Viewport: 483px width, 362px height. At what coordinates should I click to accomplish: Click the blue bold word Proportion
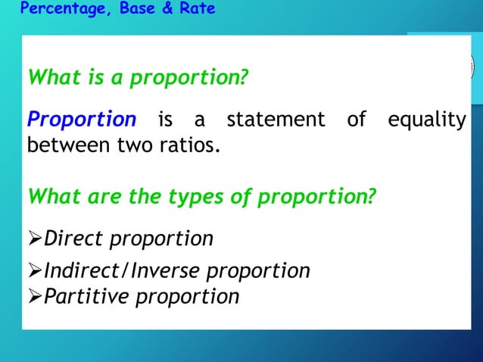click(x=81, y=120)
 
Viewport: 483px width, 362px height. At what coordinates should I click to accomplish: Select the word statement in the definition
click(x=276, y=120)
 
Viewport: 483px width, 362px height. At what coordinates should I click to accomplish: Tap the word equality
click(x=426, y=120)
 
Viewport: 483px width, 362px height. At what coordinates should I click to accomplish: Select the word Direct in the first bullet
click(x=74, y=239)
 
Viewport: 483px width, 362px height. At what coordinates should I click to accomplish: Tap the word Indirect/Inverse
click(x=123, y=270)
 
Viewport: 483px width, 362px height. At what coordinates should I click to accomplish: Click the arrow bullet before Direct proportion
click(x=35, y=239)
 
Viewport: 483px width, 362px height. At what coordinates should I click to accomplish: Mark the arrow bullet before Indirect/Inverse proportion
click(x=35, y=270)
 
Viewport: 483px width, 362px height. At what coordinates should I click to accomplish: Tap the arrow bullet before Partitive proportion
click(x=35, y=296)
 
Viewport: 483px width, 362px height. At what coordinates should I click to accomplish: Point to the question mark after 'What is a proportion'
click(x=244, y=78)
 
